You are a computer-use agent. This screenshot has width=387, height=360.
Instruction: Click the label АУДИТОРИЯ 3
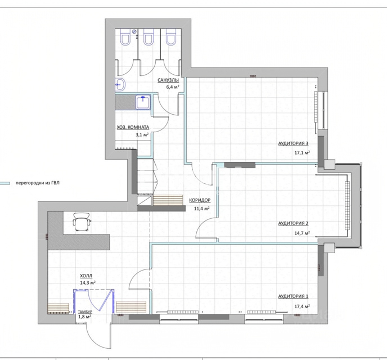(293, 143)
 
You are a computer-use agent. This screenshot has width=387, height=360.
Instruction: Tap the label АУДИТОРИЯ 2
(293, 223)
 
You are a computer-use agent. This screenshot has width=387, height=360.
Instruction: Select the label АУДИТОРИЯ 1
(293, 296)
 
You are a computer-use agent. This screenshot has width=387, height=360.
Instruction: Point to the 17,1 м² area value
(302, 152)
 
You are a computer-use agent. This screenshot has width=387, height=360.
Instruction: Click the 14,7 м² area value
(302, 233)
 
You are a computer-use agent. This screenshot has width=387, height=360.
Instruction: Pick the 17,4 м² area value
(302, 306)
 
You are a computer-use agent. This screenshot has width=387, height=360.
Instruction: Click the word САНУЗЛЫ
(168, 80)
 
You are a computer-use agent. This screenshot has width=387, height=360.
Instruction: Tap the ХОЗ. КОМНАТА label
(133, 127)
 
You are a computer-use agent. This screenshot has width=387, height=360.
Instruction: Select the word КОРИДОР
(200, 200)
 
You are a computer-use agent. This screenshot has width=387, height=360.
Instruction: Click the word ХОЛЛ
(86, 276)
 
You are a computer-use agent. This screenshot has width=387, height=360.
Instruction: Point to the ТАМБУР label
(85, 312)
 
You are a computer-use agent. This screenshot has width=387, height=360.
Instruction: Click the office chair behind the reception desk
(82, 222)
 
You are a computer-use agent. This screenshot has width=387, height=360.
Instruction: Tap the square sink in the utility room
(143, 102)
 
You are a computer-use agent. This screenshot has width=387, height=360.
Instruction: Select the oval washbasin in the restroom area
(120, 84)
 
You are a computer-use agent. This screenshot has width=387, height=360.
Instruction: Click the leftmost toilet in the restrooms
(125, 37)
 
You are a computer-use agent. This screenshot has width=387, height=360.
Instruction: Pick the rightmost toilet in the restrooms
(171, 37)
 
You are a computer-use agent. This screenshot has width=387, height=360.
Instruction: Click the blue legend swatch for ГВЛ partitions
(5, 183)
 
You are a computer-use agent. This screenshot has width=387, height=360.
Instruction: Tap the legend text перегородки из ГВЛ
(38, 183)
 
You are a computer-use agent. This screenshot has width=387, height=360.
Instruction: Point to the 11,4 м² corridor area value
(201, 209)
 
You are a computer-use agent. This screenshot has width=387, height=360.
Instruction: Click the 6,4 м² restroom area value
(173, 87)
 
